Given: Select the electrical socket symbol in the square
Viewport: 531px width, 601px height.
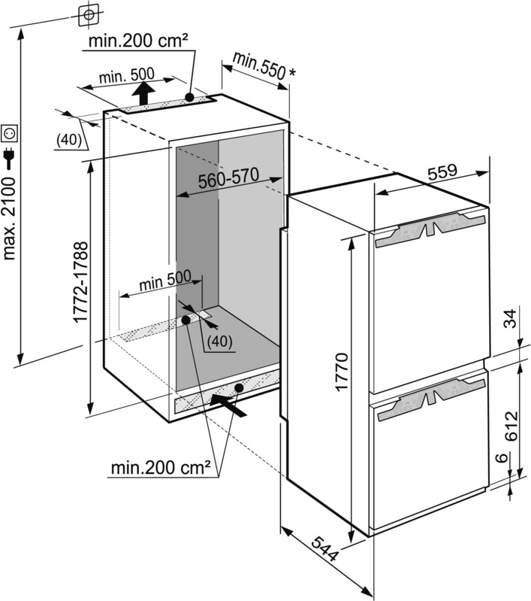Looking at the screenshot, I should (x=11, y=133).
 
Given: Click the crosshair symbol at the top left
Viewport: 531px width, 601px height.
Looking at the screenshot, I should (x=89, y=14).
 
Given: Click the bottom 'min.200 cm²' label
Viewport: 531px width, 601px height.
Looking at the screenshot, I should (x=160, y=469).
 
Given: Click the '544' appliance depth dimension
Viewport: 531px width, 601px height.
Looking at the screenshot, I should (x=324, y=553).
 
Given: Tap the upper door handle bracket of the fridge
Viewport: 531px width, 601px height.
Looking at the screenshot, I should (x=428, y=232).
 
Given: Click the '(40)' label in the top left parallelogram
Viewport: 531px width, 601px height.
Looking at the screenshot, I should (x=68, y=139).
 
